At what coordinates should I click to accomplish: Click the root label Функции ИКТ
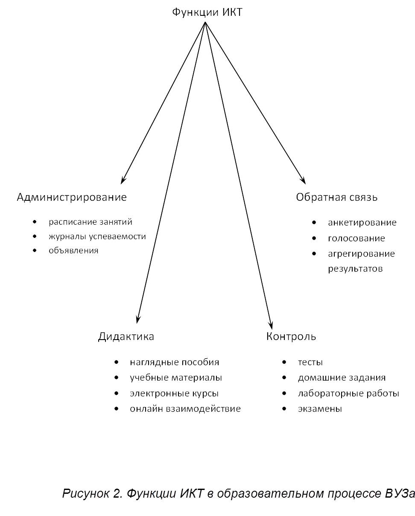pos(207,12)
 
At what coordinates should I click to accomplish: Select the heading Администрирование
pos(72,197)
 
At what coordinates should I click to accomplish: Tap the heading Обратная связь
pos(336,197)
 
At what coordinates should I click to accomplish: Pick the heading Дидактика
pos(126,337)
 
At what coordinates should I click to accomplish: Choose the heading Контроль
pos(291,337)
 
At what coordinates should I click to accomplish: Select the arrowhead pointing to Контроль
pos(270,323)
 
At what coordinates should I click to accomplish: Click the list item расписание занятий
pos(91,222)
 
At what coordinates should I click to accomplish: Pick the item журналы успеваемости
pos(97,236)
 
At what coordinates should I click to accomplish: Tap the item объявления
pos(73,251)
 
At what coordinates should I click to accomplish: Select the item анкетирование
pos(362,223)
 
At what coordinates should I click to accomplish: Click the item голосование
pos(357,238)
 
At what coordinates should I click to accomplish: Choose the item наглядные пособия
pos(174,362)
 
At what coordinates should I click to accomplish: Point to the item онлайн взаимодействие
pos(185,409)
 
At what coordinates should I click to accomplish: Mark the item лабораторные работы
pos(348,393)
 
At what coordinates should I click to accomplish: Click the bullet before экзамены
pos(284,409)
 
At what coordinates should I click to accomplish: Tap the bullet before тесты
pos(284,362)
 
